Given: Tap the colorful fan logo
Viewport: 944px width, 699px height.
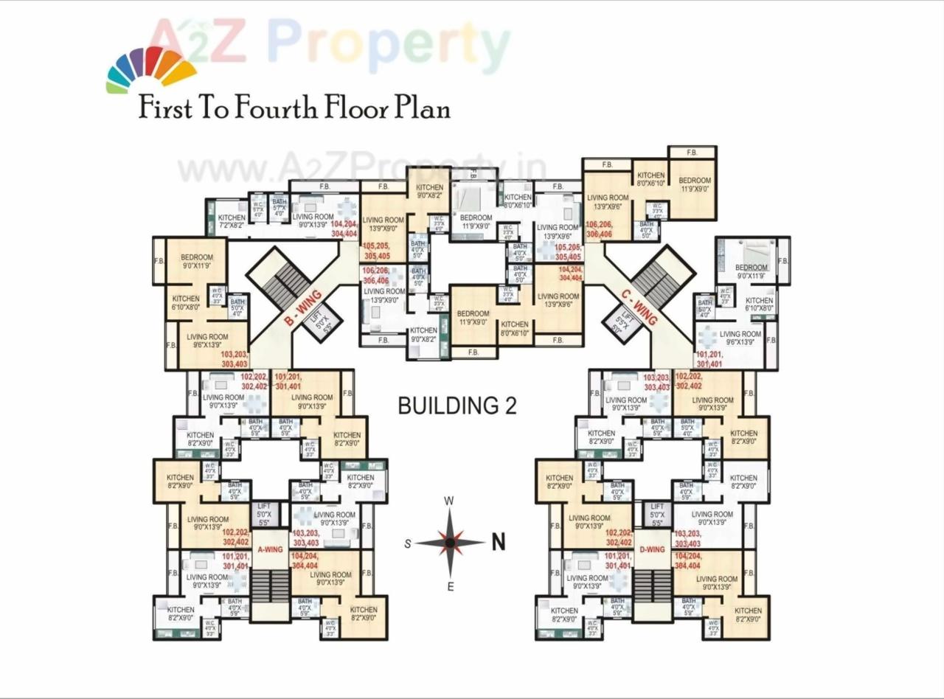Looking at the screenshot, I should tap(151, 69).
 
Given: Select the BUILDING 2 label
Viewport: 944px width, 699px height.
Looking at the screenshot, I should tap(457, 406).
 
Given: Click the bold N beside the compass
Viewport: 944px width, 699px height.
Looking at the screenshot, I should tap(499, 543).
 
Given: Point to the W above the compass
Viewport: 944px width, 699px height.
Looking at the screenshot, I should tap(448, 501).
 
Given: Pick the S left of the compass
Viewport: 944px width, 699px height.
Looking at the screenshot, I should tap(407, 544).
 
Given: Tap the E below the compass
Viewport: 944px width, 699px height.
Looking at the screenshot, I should tap(449, 586).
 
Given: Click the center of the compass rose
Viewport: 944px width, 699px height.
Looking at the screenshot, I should tap(449, 543).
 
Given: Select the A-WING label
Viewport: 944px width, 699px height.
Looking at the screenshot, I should tap(270, 549).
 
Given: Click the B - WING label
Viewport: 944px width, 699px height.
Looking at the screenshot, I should tap(302, 309).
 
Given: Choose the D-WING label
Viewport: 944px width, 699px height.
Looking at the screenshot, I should tap(652, 549).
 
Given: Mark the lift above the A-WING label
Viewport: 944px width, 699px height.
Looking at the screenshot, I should tap(263, 513).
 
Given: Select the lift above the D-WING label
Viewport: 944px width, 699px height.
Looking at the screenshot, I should tap(656, 513).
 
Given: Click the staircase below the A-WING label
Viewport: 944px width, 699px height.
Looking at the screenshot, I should tap(270, 584).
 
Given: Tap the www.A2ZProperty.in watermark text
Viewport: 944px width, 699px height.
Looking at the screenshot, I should tap(361, 169).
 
